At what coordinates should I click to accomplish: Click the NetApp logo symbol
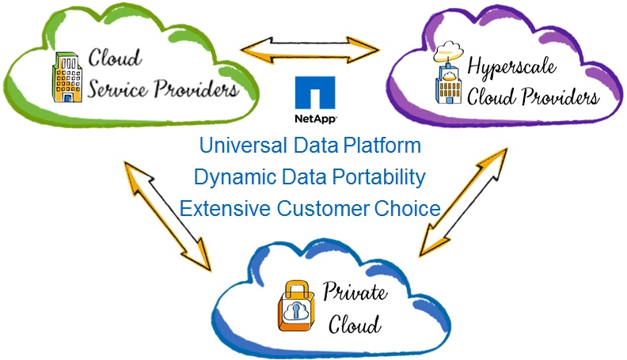point(313,93)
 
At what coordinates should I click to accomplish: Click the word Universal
point(234,146)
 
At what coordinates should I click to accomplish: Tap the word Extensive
point(223,209)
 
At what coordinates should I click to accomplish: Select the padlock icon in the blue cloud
point(291,306)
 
